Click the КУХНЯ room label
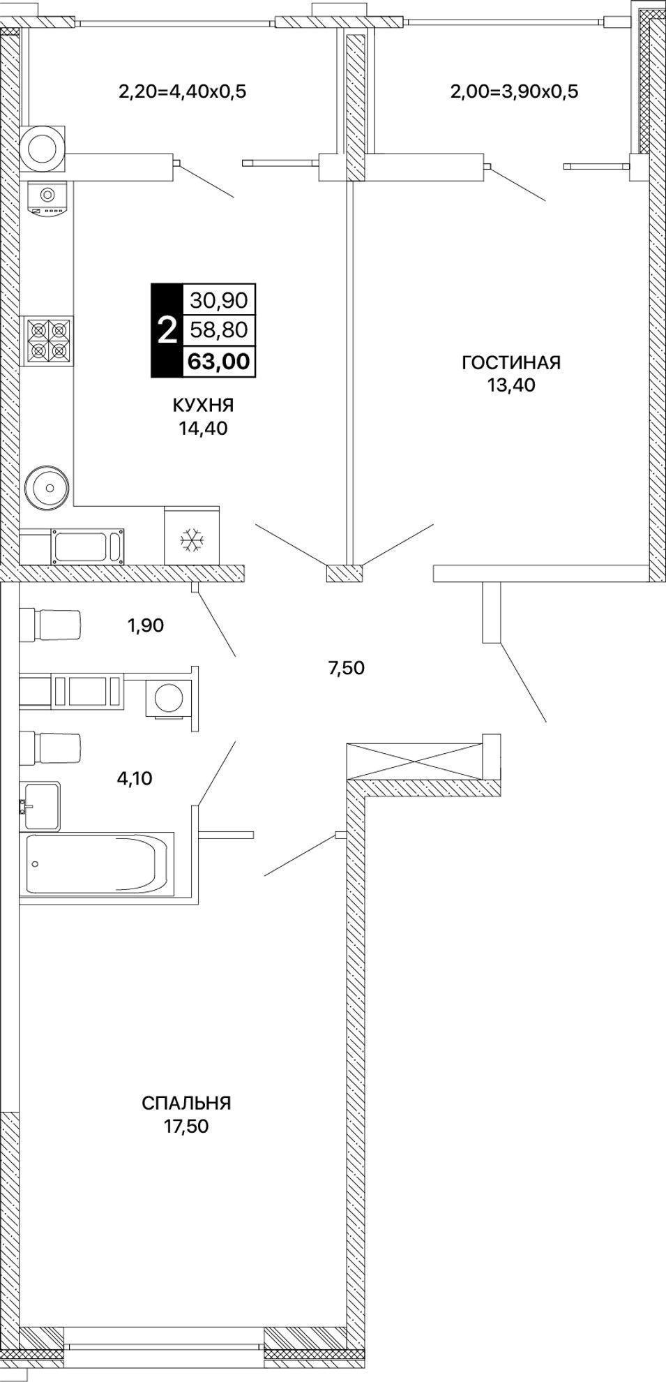202,405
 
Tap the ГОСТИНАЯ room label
511,362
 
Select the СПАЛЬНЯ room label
186,1103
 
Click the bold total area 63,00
218,362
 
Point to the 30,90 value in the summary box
218,300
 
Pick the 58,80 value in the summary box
218,330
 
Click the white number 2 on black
167,331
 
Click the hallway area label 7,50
346,668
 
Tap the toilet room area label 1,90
145,625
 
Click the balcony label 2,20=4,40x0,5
183,91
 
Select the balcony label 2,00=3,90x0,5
515,91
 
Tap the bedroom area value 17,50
186,1126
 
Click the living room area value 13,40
511,385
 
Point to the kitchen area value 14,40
202,428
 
